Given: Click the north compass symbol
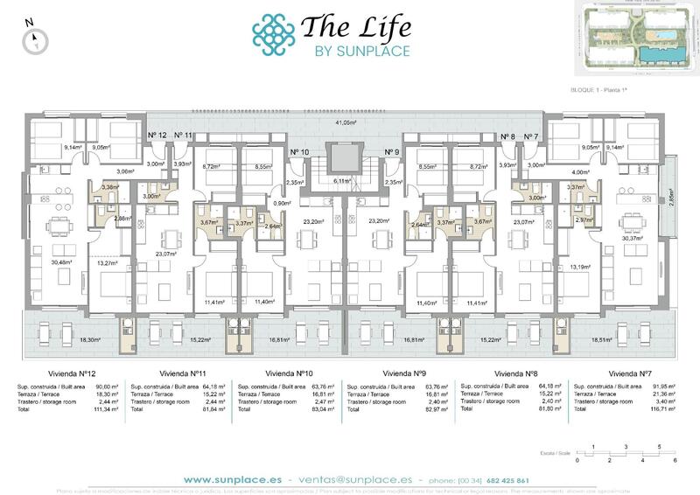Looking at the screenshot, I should (34, 37).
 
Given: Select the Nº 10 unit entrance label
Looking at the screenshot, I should (299, 152).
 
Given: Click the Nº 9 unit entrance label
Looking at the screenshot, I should (392, 152).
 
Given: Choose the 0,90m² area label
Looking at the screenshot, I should (306, 203).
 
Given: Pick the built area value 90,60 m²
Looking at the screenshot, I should (101, 386).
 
